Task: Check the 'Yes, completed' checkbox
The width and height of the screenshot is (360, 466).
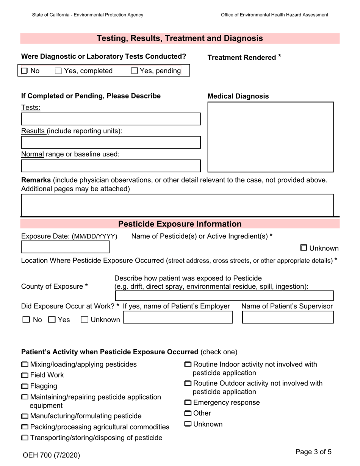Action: click(x=58, y=71)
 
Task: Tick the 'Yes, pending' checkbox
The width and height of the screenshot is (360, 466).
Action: click(x=134, y=71)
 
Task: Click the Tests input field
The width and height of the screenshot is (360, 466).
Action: click(x=111, y=119)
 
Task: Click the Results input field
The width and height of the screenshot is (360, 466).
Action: click(x=111, y=142)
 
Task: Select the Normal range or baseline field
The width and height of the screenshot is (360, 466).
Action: click(x=111, y=166)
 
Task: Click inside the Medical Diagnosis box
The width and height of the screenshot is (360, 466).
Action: click(x=270, y=137)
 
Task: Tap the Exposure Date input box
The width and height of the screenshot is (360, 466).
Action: click(x=65, y=247)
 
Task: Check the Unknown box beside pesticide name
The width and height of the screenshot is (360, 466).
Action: click(x=304, y=248)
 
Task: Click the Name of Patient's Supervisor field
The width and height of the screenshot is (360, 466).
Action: click(x=288, y=317)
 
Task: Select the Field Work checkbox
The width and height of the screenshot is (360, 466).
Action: click(x=25, y=375)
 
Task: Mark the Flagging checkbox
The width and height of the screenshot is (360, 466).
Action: click(x=25, y=386)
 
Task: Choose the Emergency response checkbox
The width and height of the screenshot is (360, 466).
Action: click(x=188, y=403)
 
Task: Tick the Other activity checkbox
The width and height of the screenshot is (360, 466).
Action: click(x=188, y=413)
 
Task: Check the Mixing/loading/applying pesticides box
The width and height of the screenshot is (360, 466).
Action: click(x=25, y=364)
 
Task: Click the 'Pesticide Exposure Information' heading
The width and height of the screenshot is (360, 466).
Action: click(x=180, y=224)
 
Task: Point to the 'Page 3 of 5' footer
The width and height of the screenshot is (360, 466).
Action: click(x=313, y=452)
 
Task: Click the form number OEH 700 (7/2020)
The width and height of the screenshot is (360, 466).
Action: click(x=51, y=455)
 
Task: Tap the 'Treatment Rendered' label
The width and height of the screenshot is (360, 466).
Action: click(x=241, y=58)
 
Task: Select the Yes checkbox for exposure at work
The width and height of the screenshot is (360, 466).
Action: click(x=52, y=320)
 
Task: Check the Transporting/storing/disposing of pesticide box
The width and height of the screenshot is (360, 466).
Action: click(x=25, y=438)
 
